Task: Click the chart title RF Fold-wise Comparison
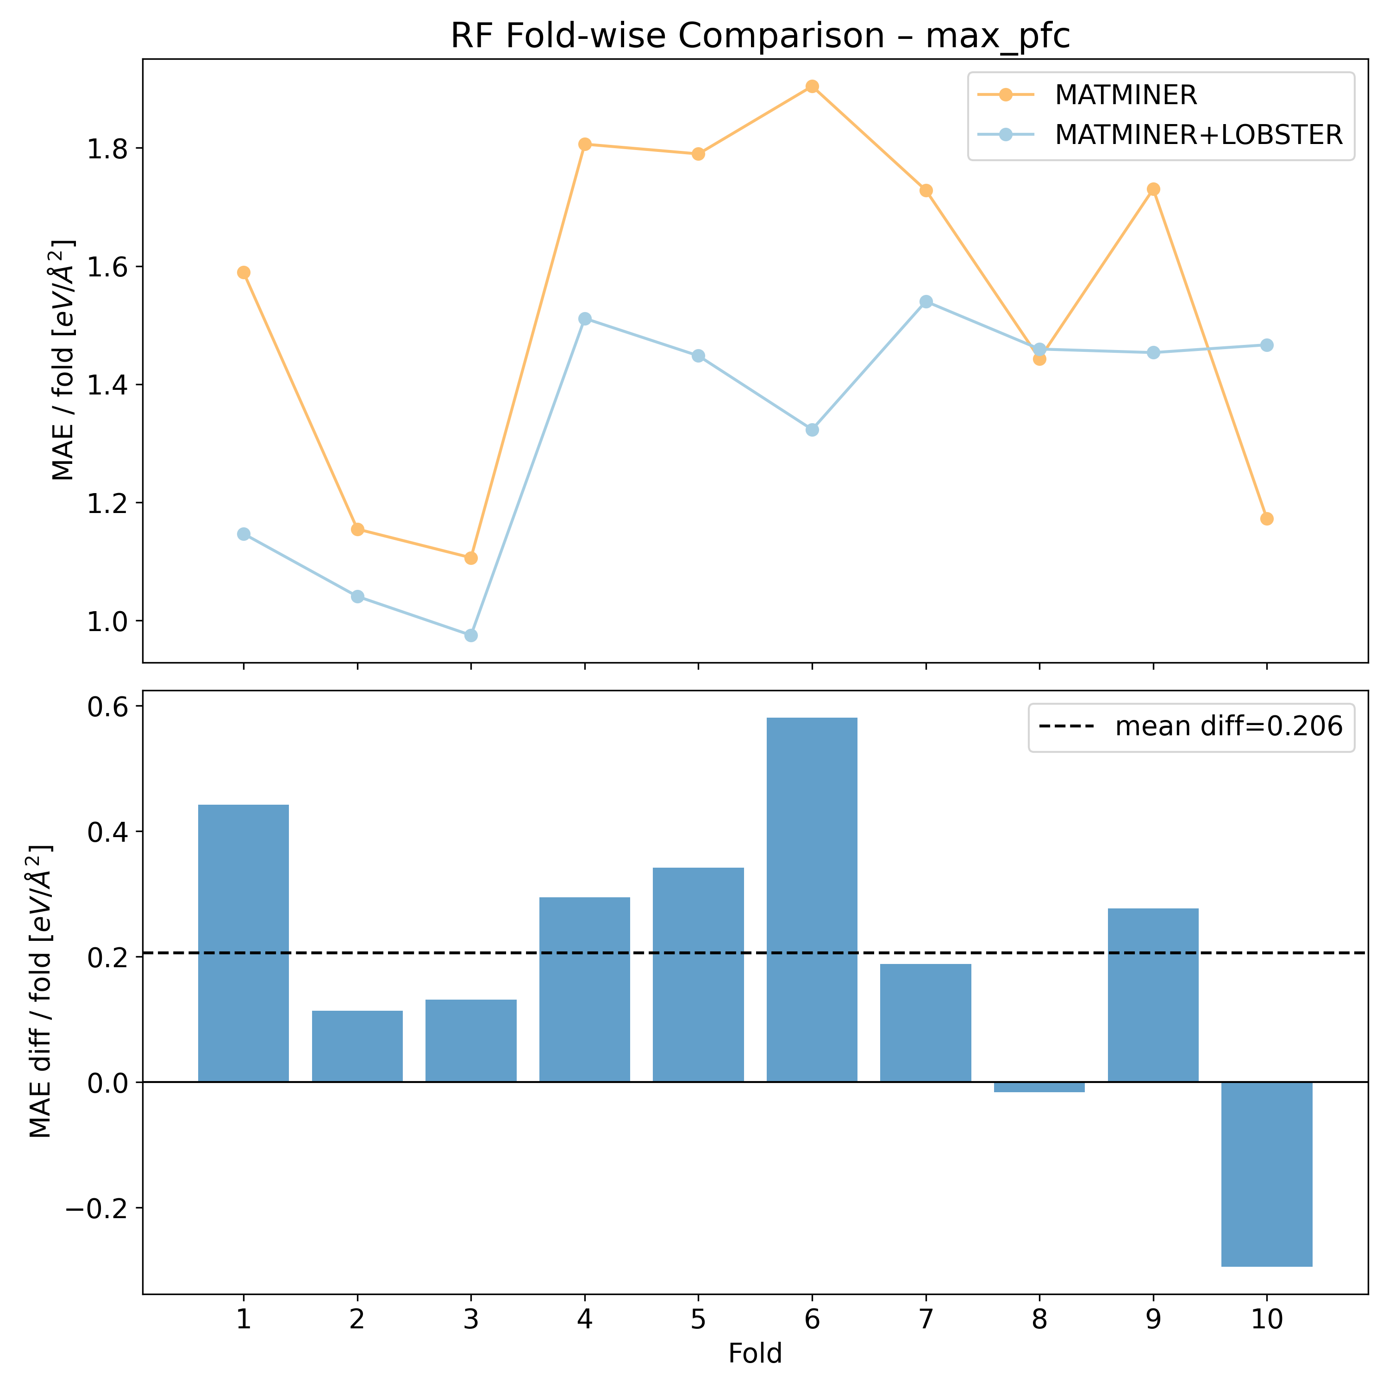pyautogui.click(x=760, y=36)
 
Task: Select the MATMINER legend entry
pyautogui.click(x=1125, y=95)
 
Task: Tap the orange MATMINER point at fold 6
pyautogui.click(x=812, y=86)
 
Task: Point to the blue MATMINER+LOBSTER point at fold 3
pyautogui.click(x=471, y=636)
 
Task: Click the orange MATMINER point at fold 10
pyautogui.click(x=1267, y=519)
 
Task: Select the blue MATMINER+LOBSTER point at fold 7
pyautogui.click(x=926, y=301)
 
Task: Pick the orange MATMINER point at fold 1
pyautogui.click(x=244, y=273)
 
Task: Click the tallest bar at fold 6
pyautogui.click(x=812, y=899)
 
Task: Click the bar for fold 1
pyautogui.click(x=244, y=942)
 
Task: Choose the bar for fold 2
pyautogui.click(x=357, y=1046)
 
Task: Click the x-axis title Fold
pyautogui.click(x=755, y=1354)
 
